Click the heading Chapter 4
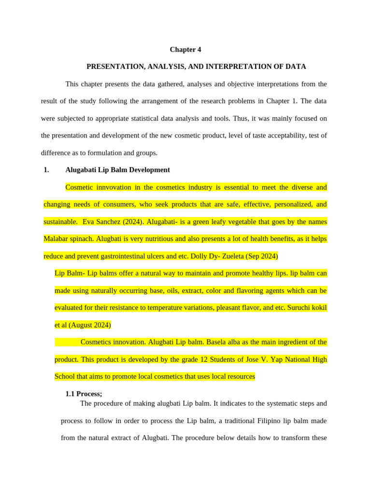pos(185,50)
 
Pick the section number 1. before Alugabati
pos(46,170)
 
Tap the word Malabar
pos(56,239)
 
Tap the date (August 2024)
pos(90,325)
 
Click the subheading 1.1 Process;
pos(84,394)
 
